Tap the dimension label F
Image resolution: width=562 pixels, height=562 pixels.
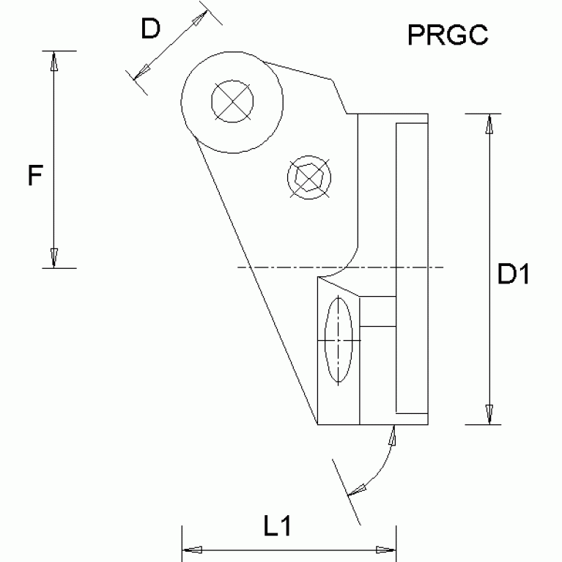click(34, 177)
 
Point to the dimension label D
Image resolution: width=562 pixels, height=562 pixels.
click(150, 29)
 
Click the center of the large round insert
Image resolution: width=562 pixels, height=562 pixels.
click(233, 102)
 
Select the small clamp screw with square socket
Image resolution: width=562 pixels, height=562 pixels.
click(309, 177)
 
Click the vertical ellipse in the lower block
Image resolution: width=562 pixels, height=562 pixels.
click(339, 341)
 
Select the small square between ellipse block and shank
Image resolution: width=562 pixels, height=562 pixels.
click(378, 311)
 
